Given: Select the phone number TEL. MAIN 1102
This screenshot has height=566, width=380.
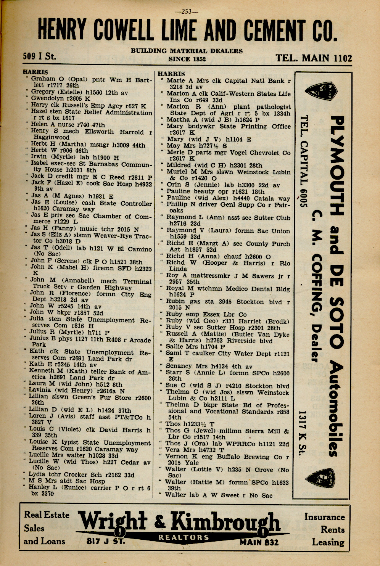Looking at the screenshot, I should (314, 58).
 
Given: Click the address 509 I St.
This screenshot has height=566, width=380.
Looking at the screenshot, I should (39, 56).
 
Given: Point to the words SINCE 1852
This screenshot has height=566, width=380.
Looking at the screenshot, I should (187, 59).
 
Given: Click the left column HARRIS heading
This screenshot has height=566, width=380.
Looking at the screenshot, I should (35, 72).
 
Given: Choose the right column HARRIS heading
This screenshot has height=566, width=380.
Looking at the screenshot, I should (171, 74).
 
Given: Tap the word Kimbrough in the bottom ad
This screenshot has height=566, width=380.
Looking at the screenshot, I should (225, 522).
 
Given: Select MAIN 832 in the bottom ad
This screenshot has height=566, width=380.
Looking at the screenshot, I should (259, 542).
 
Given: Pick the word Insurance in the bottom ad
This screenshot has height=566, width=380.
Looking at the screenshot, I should (324, 517).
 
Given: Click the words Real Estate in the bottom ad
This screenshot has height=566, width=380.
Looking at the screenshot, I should (47, 515).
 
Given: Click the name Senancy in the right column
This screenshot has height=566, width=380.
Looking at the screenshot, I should (179, 366).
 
